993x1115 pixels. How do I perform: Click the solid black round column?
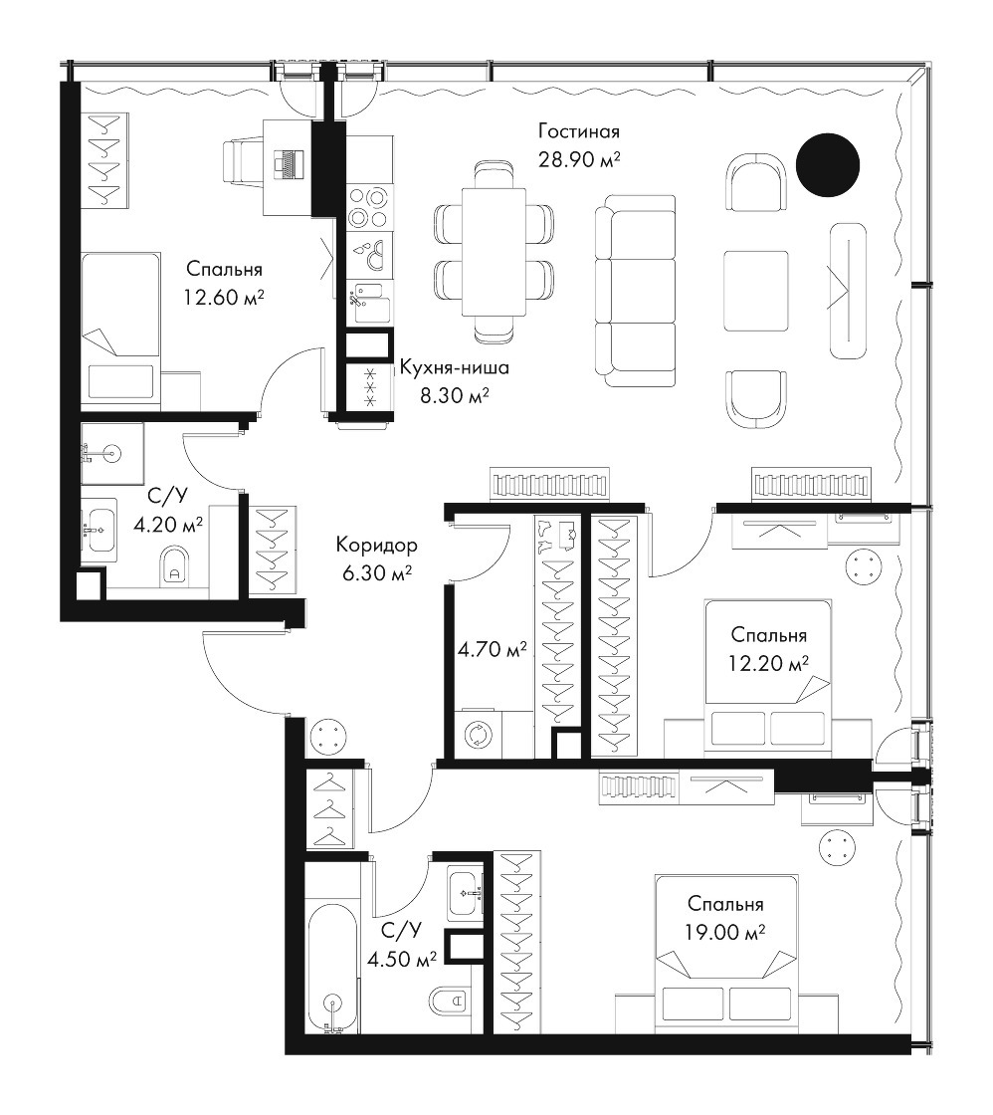tap(828, 165)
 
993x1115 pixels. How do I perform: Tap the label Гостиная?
tap(579, 131)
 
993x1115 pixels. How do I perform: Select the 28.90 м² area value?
tap(579, 159)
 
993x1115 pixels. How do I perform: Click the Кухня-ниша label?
tap(454, 367)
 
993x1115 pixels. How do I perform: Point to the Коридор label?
tap(376, 546)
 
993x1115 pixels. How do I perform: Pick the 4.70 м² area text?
tap(493, 648)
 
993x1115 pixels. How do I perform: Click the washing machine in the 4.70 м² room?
tap(476, 734)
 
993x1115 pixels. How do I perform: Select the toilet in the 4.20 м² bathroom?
tap(174, 566)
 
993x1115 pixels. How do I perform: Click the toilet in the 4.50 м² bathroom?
tap(448, 1002)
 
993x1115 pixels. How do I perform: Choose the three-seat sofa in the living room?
tap(635, 291)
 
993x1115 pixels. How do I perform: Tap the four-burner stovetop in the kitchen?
tap(368, 206)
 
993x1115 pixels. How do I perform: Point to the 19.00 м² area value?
tap(725, 932)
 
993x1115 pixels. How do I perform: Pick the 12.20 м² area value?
tap(768, 663)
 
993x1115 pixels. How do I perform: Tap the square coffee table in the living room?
tap(755, 291)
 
